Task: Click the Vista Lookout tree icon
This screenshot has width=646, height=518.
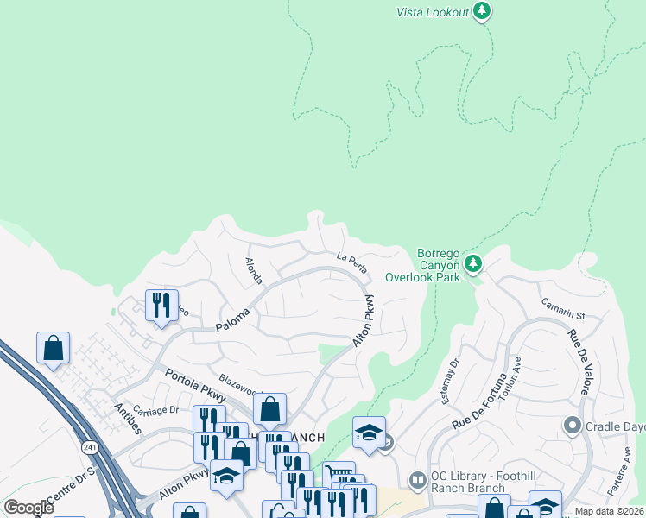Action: pos(482,11)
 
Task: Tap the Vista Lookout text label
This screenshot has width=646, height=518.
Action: pos(433,12)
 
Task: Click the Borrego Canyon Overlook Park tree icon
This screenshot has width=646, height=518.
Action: pos(472,262)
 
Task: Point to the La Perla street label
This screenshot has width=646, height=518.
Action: pos(352,262)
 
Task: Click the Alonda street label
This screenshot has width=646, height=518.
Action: pos(253,269)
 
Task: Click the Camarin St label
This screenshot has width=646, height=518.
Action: pos(564,309)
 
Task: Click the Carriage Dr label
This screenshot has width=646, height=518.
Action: pos(155,409)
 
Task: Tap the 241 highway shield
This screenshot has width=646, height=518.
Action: pos(90,447)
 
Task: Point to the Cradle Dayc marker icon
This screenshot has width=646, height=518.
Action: pos(571,426)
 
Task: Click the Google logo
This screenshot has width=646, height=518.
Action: pos(28,508)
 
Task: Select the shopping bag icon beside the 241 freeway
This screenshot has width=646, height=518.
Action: pos(54,349)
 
